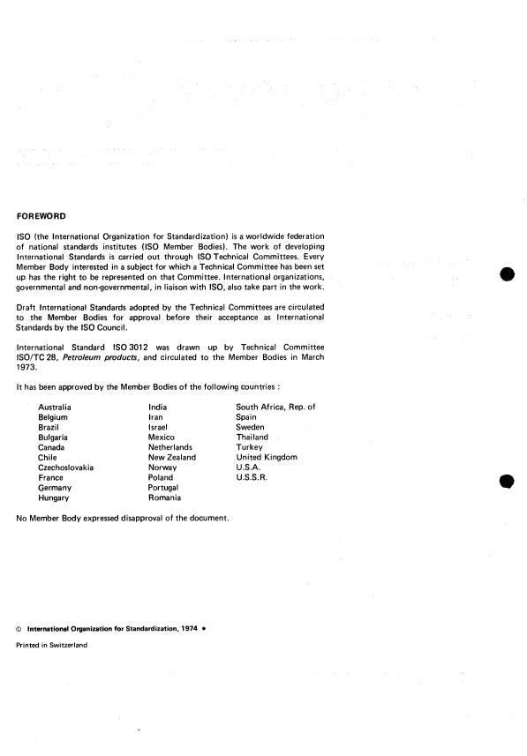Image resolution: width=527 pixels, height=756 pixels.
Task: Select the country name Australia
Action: pos(54,407)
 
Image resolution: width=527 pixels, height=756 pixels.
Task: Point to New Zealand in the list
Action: pos(171,458)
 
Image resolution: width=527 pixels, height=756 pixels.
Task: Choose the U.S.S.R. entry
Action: pos(253,478)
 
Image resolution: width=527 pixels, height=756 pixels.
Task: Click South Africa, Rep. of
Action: pos(275,407)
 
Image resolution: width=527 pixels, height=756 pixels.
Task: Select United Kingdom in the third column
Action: pos(267,458)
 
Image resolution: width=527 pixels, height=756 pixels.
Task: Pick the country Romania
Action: pos(164,498)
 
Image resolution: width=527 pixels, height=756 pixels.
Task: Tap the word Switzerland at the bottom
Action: pos(67,645)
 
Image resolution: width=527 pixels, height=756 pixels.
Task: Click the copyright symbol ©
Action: pos(19,629)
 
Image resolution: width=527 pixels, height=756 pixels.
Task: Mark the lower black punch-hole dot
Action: pos(507,481)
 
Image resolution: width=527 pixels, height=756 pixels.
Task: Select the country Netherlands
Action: pos(170,447)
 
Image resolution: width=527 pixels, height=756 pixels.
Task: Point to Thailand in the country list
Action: pos(252,438)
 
